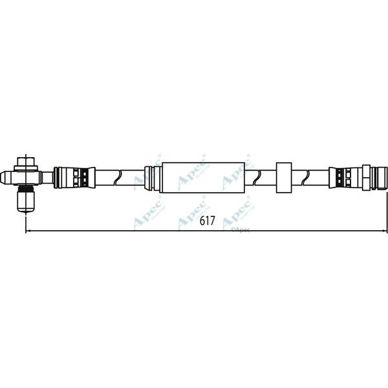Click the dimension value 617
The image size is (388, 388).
pyautogui.click(x=206, y=221)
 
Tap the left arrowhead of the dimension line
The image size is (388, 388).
pyautogui.click(x=28, y=231)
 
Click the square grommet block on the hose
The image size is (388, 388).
pyautogui.click(x=284, y=177)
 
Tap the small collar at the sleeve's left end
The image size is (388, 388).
pyautogui.click(x=150, y=177)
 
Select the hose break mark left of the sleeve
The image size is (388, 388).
pyautogui.click(x=119, y=177)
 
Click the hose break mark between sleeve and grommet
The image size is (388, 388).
pyautogui.click(x=260, y=177)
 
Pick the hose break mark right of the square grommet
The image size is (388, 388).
pyautogui.click(x=314, y=177)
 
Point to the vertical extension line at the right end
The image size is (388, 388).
pyautogui.click(x=387, y=207)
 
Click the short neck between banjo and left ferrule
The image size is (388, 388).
pyautogui.click(x=47, y=177)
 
